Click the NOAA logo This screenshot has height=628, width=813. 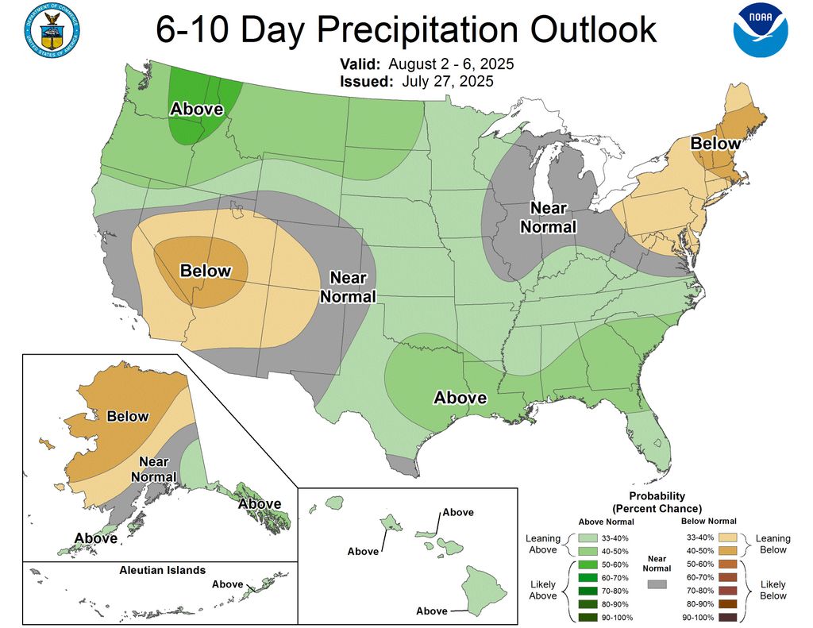pos(760,31)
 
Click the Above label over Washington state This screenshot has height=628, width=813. pos(196,109)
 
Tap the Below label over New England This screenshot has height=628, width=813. pos(715,144)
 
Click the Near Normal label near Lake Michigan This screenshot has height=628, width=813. pos(548,217)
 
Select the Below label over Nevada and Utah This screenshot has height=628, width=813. pos(206,271)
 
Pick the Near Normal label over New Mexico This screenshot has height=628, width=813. pos(349,287)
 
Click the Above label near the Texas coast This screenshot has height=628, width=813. pos(460,397)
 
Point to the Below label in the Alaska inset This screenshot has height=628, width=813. pos(128,416)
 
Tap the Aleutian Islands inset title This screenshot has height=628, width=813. pos(162,570)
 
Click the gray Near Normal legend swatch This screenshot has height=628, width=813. pos(657,584)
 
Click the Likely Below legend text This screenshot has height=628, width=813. pos(773,590)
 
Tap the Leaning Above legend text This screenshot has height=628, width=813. pos(543,544)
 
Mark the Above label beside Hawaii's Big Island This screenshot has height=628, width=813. pos(432,611)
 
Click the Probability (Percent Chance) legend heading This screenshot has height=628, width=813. pos(657,502)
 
